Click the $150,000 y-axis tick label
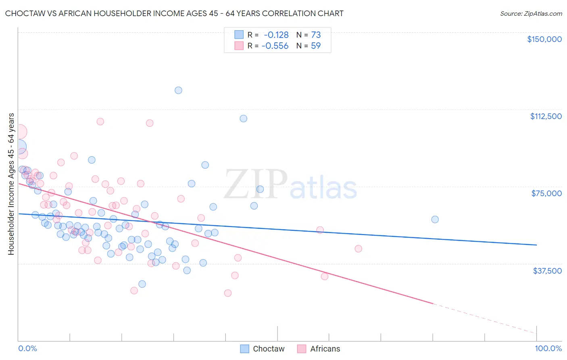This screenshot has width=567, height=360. [544, 39]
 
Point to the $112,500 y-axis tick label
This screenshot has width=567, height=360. [546, 116]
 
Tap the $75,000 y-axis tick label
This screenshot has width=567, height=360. [546, 193]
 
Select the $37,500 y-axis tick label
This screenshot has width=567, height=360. [547, 271]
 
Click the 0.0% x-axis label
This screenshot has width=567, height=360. [27, 348]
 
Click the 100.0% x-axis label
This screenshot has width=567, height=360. [548, 348]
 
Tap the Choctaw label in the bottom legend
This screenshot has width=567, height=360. [269, 349]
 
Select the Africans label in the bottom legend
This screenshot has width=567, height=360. [325, 349]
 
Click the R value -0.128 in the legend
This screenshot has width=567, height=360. [276, 35]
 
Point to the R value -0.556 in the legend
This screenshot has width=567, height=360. [275, 46]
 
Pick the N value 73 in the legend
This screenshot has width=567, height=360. [316, 35]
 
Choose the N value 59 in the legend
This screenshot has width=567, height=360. [316, 46]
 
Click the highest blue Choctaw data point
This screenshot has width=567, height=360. [178, 90]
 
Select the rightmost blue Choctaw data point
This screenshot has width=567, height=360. [435, 220]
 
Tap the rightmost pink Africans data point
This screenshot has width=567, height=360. [358, 249]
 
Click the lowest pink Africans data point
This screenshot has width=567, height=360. [228, 293]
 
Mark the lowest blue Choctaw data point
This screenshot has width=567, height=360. [142, 284]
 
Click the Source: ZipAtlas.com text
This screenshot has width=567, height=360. [531, 14]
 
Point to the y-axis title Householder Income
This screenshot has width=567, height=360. [11, 184]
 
